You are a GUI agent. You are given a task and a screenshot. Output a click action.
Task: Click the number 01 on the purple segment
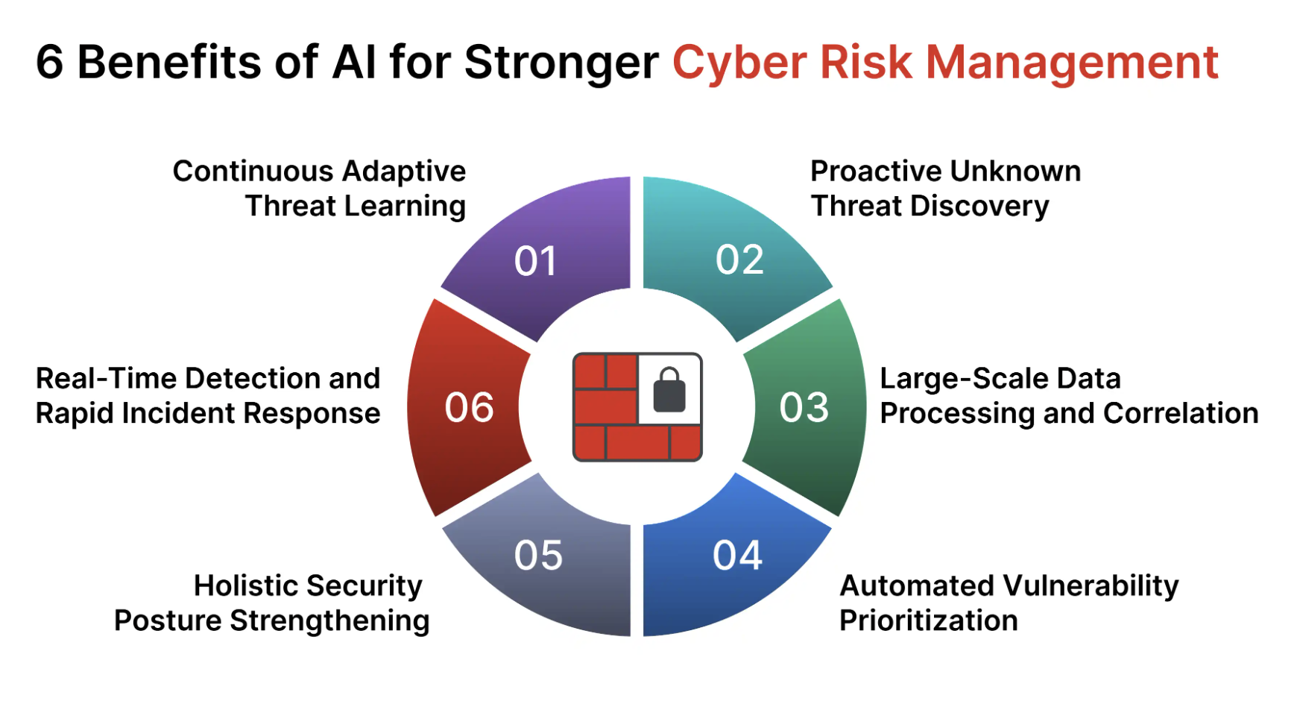535,262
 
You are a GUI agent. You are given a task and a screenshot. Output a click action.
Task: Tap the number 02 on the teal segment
739,260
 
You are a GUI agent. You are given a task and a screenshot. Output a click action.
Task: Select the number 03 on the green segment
804,408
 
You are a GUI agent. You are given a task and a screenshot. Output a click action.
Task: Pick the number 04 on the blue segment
737,556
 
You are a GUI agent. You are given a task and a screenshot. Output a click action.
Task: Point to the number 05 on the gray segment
538,556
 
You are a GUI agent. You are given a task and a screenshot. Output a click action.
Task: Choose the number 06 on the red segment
469,408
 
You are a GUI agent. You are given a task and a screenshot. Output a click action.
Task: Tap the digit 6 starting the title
49,62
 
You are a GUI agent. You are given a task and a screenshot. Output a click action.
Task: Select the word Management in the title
1072,63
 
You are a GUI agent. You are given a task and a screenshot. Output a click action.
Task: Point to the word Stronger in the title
561,63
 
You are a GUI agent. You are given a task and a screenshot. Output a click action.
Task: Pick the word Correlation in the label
1181,413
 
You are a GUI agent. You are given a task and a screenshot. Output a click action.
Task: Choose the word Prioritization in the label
929,620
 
